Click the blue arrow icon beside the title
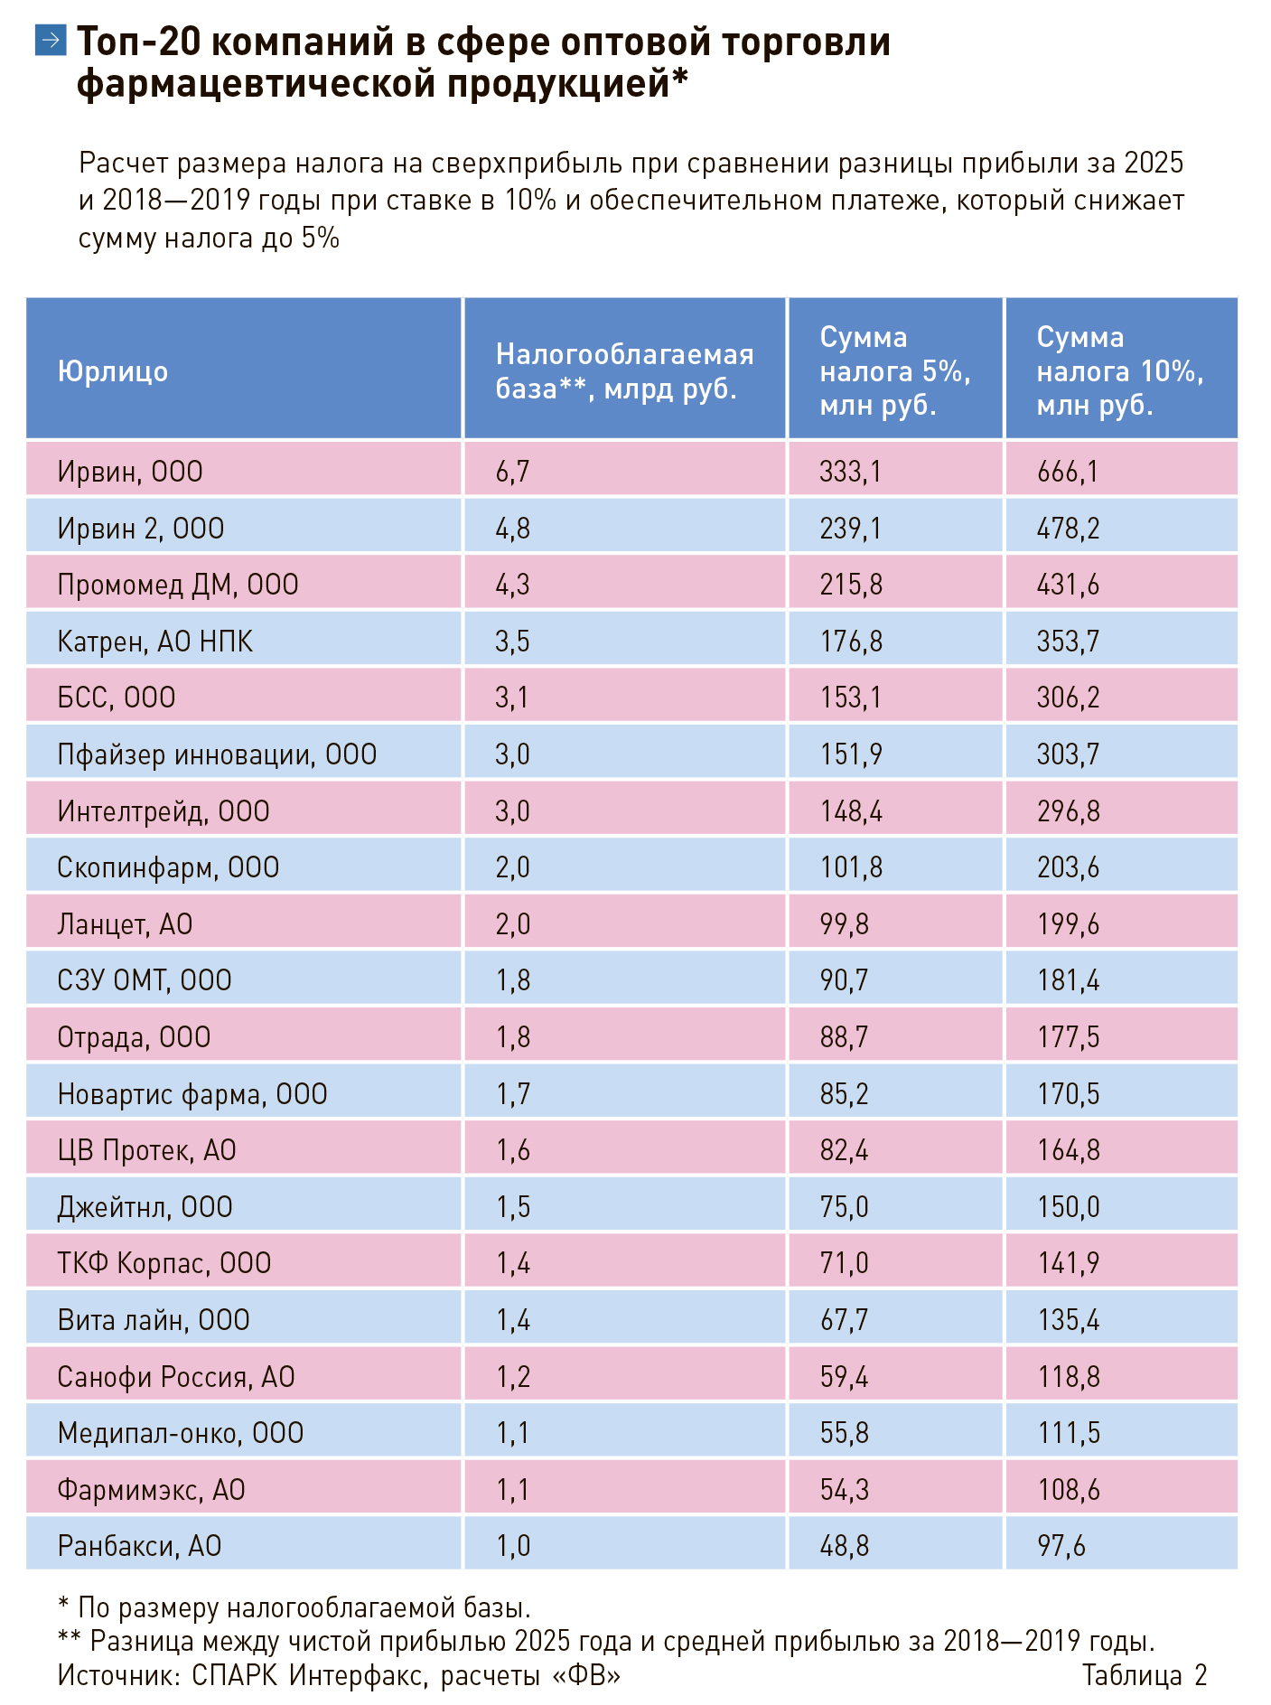(51, 40)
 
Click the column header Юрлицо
(113, 371)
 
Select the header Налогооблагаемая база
(625, 371)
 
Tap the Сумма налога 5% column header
(895, 371)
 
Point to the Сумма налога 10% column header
(1120, 371)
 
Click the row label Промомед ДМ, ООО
(178, 585)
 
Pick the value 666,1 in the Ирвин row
(1068, 472)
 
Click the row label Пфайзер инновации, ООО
(217, 754)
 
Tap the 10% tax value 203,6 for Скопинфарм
(1068, 867)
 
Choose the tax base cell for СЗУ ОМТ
(513, 980)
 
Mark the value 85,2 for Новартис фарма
(844, 1094)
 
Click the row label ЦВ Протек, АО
(146, 1150)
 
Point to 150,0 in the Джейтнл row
(1069, 1207)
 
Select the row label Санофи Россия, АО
(176, 1377)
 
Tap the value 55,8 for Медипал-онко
(844, 1433)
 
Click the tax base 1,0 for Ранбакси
(513, 1546)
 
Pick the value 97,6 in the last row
(1061, 1546)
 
